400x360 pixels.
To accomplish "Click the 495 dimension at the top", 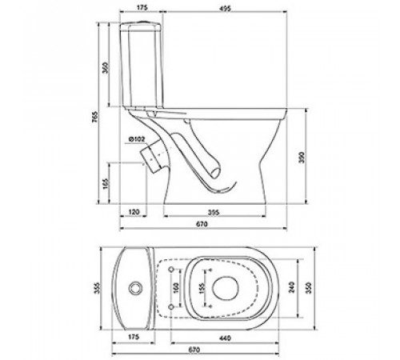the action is click(226, 8).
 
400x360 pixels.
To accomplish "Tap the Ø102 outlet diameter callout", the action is click(136, 139).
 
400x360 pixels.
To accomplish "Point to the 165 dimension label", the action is click(106, 183).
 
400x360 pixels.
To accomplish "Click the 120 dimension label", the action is click(134, 212).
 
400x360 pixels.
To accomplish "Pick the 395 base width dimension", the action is click(214, 212).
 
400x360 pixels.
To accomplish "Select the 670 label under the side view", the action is click(202, 224).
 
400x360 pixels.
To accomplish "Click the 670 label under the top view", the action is click(194, 350).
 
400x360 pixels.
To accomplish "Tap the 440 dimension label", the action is click(225, 338).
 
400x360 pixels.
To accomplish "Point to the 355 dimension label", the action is click(98, 288).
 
